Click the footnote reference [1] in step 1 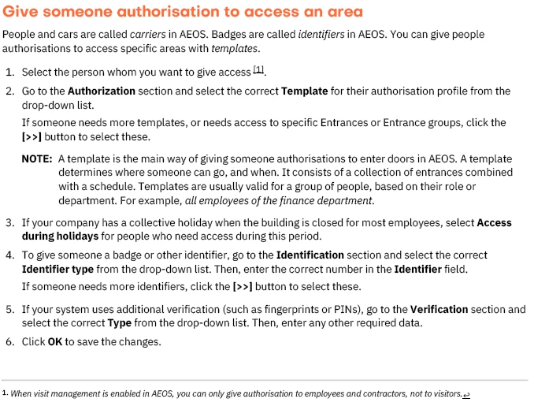coord(259,71)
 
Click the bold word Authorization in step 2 coord(102,91)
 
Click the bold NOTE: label coord(37,159)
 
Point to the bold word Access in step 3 coord(495,223)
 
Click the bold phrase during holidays coord(61,236)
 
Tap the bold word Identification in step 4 coord(310,255)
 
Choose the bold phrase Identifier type coord(58,269)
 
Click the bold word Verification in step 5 coord(445,310)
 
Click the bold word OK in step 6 coord(55,341)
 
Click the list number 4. coord(9,255)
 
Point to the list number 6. coord(9,341)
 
